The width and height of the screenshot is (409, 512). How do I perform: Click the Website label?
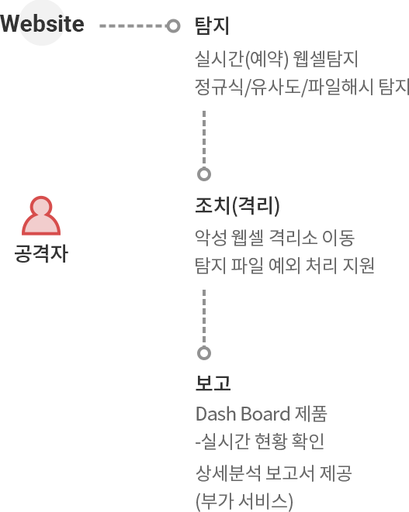[42, 24]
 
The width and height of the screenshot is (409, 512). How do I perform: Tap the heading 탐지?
[212, 26]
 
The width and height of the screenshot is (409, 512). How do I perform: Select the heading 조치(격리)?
[237, 206]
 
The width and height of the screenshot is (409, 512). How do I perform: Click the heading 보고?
[213, 383]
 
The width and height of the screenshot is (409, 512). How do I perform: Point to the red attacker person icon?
[41, 216]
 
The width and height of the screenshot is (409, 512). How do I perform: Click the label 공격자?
[41, 253]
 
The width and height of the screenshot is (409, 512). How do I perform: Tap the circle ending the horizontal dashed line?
[173, 26]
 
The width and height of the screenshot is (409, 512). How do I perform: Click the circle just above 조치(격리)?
[204, 174]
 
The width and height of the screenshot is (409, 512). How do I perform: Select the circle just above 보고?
[204, 353]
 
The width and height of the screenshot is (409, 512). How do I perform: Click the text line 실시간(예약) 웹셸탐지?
[276, 59]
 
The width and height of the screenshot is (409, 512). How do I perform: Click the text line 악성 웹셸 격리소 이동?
[275, 237]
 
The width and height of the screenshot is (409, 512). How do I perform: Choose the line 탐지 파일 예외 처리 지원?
[285, 265]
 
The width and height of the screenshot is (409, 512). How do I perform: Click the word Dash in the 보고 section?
[216, 414]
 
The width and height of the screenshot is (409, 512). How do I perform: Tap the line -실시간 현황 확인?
[260, 442]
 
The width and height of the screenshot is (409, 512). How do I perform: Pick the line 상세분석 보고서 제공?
[273, 473]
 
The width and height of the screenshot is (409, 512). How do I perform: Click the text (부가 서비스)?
[244, 502]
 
